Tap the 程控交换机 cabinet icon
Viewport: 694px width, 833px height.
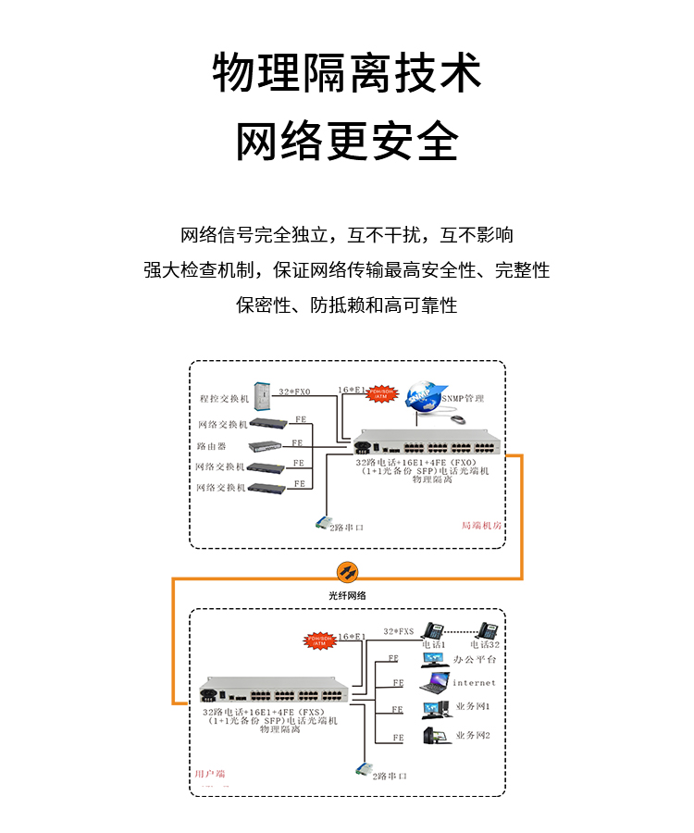pos(263,397)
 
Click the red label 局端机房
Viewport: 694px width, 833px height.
pos(481,525)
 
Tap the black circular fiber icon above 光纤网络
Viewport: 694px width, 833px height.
pos(347,572)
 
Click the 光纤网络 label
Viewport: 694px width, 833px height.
pos(347,595)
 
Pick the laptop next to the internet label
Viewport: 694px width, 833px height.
pos(433,684)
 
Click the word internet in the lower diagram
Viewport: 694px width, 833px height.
pos(474,683)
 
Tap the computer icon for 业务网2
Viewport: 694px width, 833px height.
pos(432,736)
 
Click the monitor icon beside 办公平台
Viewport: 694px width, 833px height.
pos(433,659)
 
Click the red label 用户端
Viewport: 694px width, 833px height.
pos(209,773)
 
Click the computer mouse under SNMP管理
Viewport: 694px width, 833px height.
pos(457,420)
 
